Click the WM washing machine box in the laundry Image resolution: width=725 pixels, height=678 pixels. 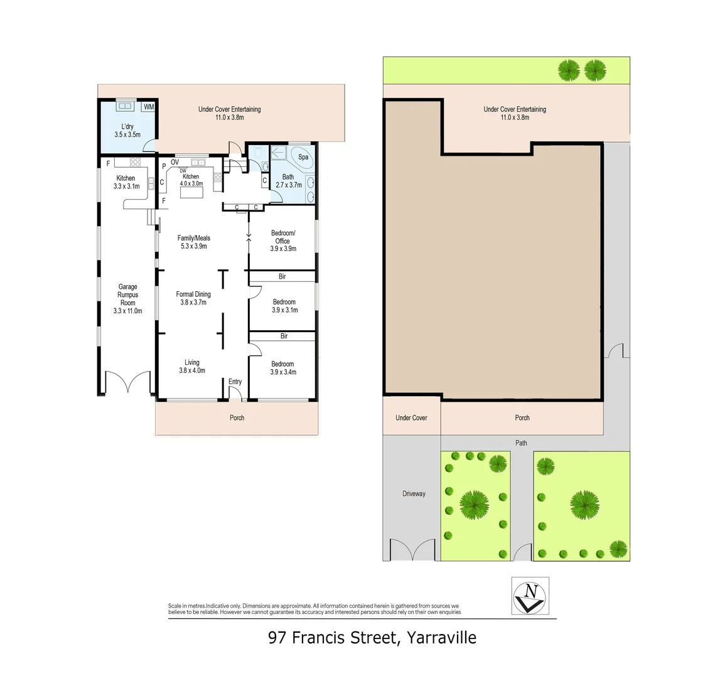pos(148,107)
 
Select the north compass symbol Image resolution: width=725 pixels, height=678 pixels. pos(530,596)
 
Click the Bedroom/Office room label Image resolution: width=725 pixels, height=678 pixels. pos(283,241)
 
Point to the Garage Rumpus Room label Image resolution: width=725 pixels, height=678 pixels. pos(127,299)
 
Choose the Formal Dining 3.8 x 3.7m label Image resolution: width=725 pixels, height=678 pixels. pos(193,298)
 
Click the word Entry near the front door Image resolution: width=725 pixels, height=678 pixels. pos(235,382)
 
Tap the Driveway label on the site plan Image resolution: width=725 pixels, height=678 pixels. pos(414,493)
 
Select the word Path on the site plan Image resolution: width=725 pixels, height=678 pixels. pos(521,443)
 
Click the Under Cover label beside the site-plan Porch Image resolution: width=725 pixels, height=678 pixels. pos(411,417)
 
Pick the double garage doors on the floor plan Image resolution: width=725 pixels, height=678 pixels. pos(128,382)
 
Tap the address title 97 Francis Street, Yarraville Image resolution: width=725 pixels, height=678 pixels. pos(372,638)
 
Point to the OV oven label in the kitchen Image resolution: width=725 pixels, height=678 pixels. pos(175,163)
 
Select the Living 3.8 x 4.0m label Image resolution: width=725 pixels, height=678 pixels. pos(192,367)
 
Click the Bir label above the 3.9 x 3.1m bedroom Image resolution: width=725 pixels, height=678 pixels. pos(282,276)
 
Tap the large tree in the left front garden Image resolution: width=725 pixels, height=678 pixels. pos(475,502)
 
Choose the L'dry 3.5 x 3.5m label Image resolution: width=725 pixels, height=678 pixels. pos(127,131)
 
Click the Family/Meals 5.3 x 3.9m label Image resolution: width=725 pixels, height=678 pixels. pos(193,242)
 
